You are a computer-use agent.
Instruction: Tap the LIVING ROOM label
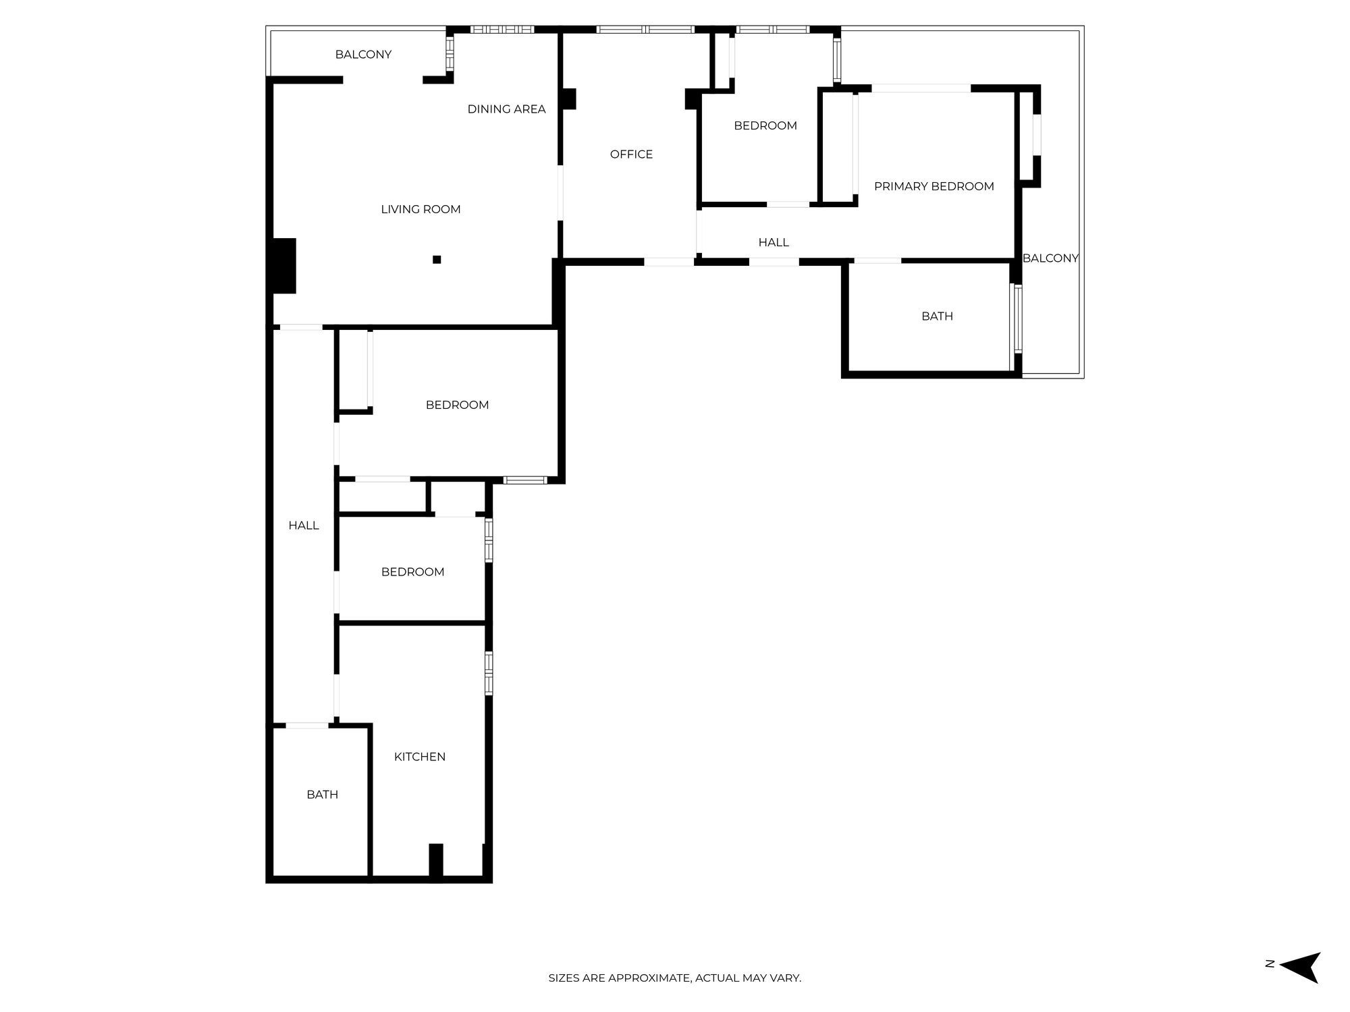[x=421, y=209]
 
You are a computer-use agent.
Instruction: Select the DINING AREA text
[x=506, y=109]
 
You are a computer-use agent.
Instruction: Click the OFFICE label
[x=631, y=154]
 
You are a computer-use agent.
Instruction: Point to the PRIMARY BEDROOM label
[x=934, y=186]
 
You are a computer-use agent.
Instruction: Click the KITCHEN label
[x=419, y=756]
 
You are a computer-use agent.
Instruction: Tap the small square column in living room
[x=437, y=260]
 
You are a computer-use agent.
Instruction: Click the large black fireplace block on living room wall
[x=284, y=266]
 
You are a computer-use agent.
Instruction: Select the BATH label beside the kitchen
[x=322, y=794]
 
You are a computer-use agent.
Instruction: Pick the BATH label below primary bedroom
[x=937, y=316]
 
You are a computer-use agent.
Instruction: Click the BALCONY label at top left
[x=363, y=55]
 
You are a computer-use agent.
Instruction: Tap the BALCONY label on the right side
[x=1050, y=258]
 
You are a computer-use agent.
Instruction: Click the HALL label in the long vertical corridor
[x=304, y=526]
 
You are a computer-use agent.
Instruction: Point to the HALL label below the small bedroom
[x=773, y=242]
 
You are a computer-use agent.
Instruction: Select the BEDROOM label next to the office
[x=765, y=125]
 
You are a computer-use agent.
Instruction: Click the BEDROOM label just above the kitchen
[x=412, y=572]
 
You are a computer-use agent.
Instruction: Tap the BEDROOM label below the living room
[x=457, y=405]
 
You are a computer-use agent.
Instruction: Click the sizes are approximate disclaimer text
[x=674, y=978]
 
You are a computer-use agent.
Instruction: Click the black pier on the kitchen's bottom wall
[x=436, y=861]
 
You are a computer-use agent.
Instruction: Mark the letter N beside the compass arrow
[x=1270, y=964]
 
